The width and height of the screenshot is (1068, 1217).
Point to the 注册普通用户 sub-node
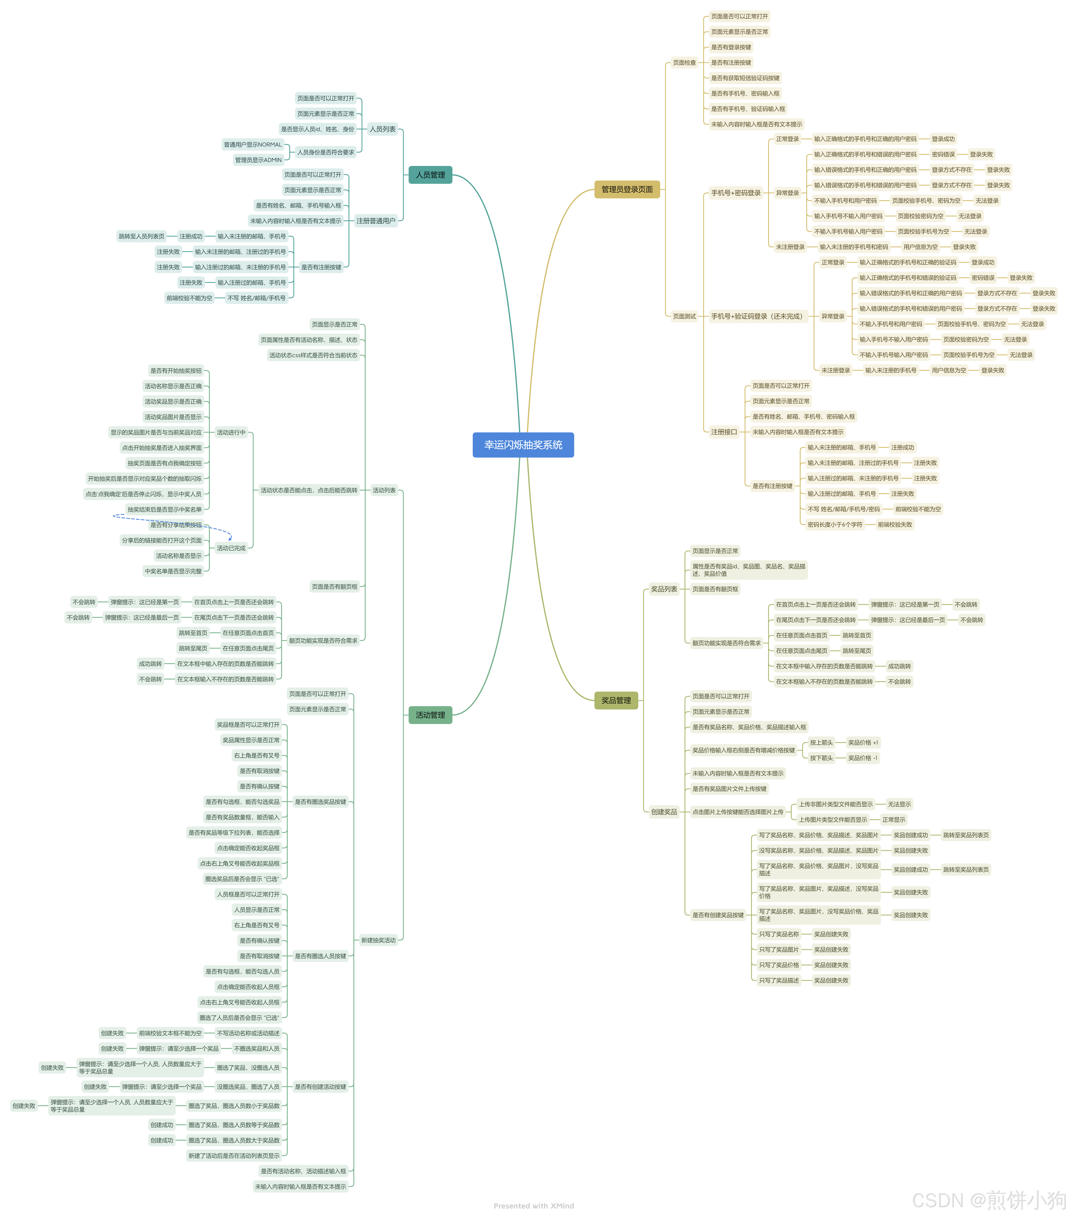[x=376, y=221]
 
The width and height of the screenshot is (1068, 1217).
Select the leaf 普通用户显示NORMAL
[x=252, y=145]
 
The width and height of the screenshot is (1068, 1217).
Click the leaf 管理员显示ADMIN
[x=258, y=160]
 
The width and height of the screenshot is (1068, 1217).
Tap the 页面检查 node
[x=684, y=63]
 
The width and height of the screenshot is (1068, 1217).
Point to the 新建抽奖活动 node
[x=378, y=940]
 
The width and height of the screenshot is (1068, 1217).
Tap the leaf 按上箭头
[x=821, y=742]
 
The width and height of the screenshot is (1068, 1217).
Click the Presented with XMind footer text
[x=533, y=1206]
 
